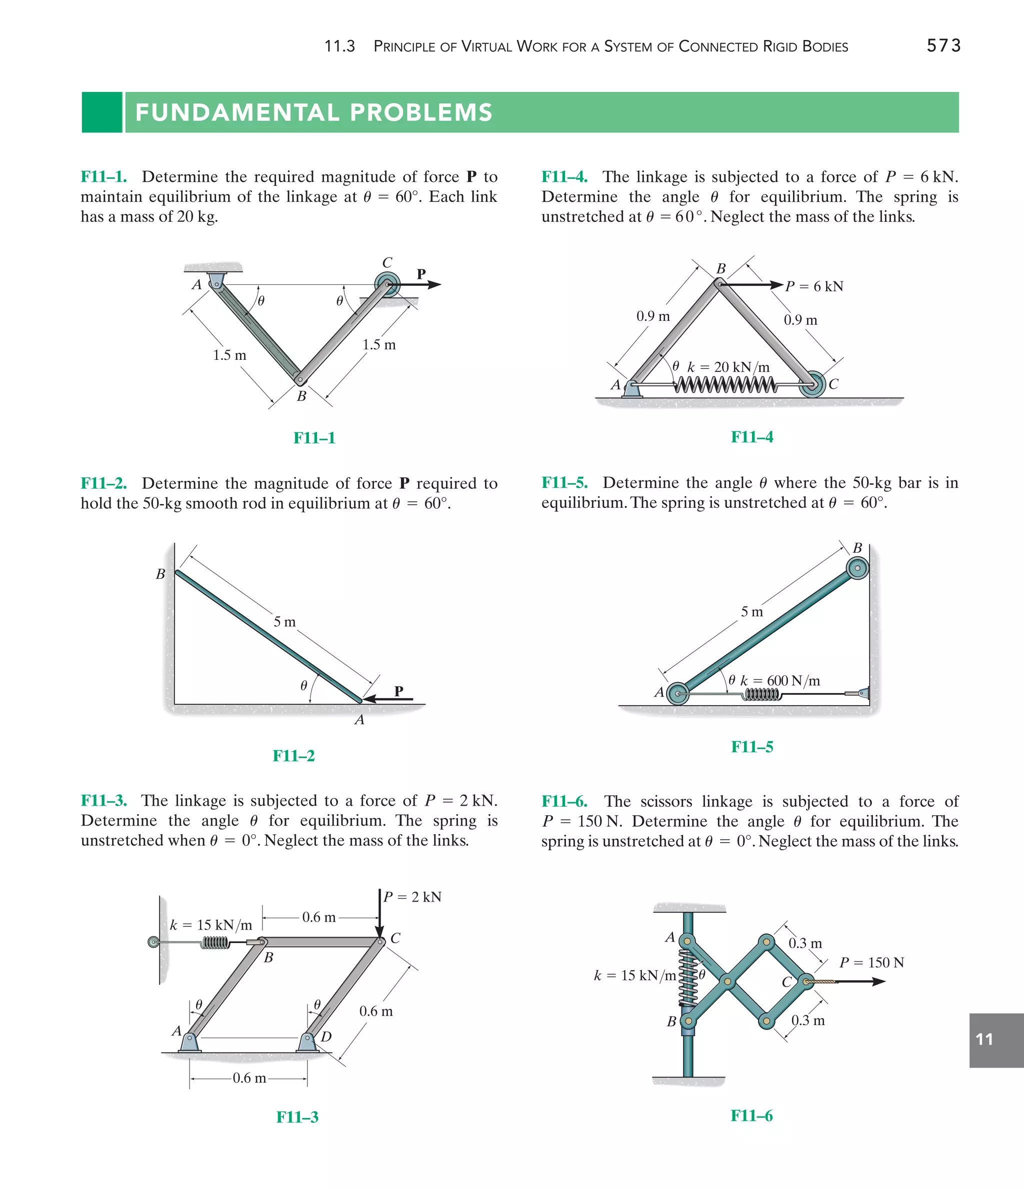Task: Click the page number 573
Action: click(943, 45)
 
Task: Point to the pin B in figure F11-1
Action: click(299, 379)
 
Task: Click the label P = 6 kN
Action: click(814, 286)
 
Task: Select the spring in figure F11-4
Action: click(725, 385)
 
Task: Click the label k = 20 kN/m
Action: click(728, 367)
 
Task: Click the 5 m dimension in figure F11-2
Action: click(284, 622)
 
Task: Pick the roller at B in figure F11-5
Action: click(857, 569)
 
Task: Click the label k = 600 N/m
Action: click(779, 681)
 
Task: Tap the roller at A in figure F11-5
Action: click(678, 694)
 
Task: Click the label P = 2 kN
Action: click(412, 897)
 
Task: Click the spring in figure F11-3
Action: click(215, 942)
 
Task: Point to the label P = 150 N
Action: click(871, 963)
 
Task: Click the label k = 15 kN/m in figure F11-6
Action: click(634, 975)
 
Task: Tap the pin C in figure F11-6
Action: click(806, 982)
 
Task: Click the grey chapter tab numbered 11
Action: click(996, 1040)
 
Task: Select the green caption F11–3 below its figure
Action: click(297, 1117)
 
